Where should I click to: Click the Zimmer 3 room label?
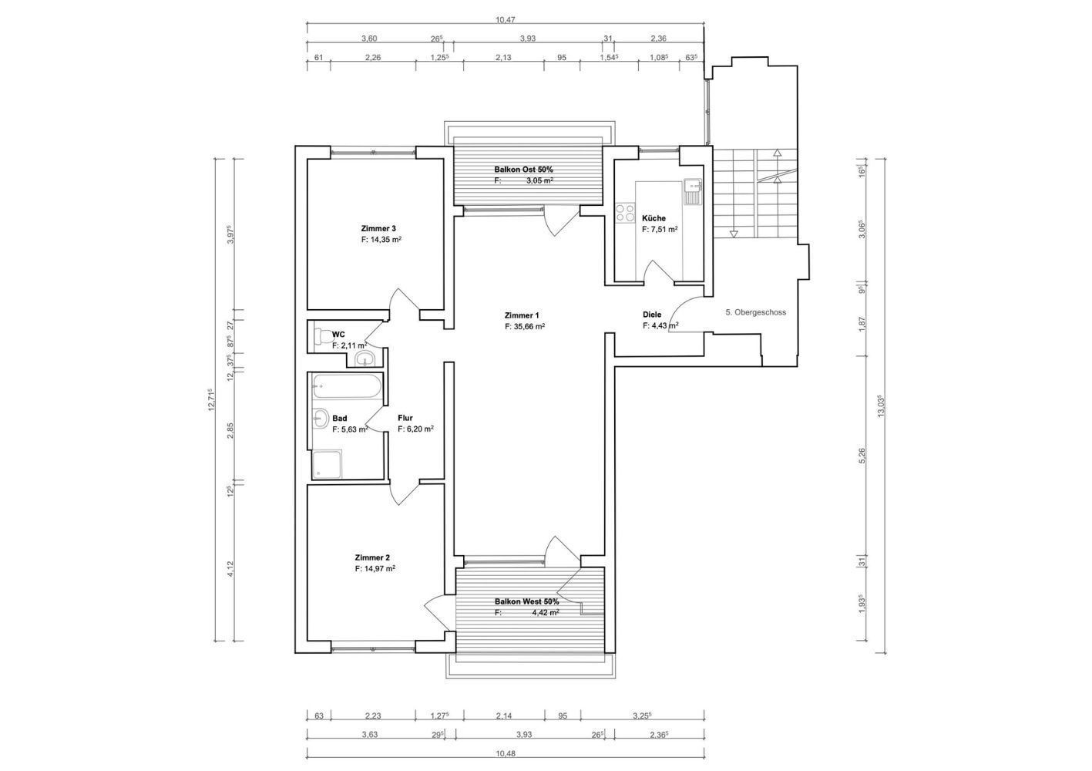[378, 228]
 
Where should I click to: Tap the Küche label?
[654, 218]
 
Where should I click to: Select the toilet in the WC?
[323, 335]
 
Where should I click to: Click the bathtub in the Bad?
[346, 386]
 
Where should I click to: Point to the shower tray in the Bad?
[327, 464]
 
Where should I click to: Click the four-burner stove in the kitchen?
[625, 214]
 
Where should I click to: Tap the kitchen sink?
[692, 191]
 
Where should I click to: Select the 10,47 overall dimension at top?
[505, 20]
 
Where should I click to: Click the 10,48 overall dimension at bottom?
[506, 753]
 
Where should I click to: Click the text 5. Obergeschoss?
[756, 312]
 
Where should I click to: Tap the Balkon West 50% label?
[526, 602]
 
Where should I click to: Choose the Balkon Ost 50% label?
[523, 170]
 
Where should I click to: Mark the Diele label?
[652, 315]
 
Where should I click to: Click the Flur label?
[405, 418]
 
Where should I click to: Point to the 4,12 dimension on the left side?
[230, 569]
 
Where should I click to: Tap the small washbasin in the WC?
[365, 360]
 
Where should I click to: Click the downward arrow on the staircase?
[733, 234]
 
